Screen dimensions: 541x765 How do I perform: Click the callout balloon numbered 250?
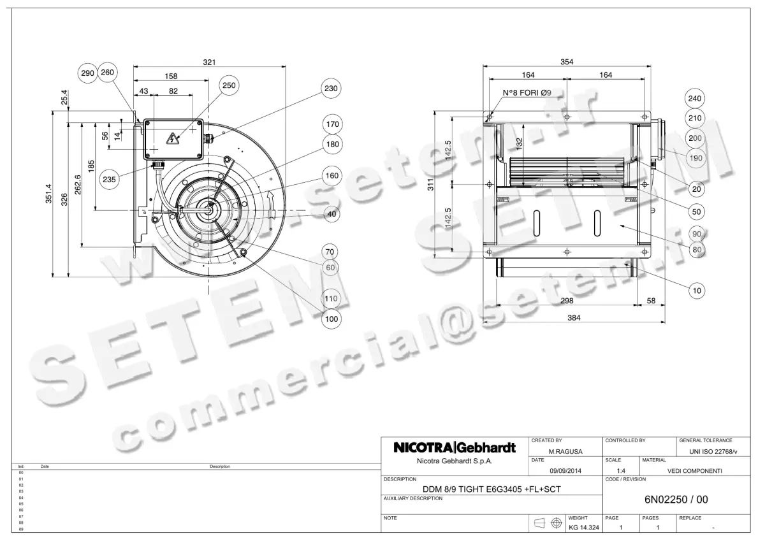(229, 85)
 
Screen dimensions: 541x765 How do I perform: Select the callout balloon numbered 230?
(330, 89)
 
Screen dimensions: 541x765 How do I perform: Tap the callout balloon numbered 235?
(109, 179)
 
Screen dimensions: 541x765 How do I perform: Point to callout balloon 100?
(330, 319)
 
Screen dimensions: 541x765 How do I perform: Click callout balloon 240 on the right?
(696, 99)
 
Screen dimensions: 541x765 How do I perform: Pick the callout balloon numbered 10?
(697, 291)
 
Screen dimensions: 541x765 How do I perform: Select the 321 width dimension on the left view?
(209, 62)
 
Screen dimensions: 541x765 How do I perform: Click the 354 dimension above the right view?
(567, 62)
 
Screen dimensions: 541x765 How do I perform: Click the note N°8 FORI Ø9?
(527, 93)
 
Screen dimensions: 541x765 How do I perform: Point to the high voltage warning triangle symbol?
(171, 138)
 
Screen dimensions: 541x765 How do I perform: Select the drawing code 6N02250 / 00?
(676, 500)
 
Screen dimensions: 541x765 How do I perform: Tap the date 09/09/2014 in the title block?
(565, 471)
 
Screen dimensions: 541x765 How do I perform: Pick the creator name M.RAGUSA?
(565, 452)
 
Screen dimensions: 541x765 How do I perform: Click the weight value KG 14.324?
(584, 528)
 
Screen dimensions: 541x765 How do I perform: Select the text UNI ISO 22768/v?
(713, 452)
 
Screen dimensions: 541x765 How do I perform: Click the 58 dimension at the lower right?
(651, 300)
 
